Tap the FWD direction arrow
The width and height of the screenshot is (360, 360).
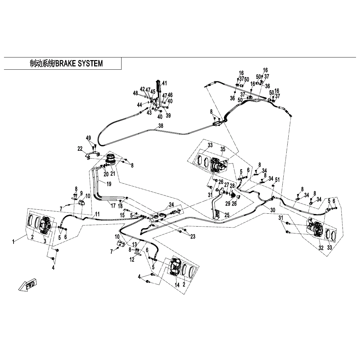point(27,285)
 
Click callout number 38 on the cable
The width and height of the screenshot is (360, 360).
point(161,126)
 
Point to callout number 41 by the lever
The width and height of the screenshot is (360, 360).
point(164,83)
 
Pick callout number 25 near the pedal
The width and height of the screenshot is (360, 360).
point(227,215)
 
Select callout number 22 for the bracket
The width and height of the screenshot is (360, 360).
point(80,149)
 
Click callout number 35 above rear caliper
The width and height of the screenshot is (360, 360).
point(223,149)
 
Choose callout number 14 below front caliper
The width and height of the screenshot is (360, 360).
point(177,285)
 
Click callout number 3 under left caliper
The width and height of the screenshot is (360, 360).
point(45,241)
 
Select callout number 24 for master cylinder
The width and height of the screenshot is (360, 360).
point(171,204)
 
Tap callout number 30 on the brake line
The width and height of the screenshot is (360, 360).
point(272,210)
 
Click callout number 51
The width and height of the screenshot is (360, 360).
point(277,180)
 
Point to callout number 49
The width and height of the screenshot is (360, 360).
point(88,138)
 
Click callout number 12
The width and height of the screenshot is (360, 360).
point(132,260)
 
